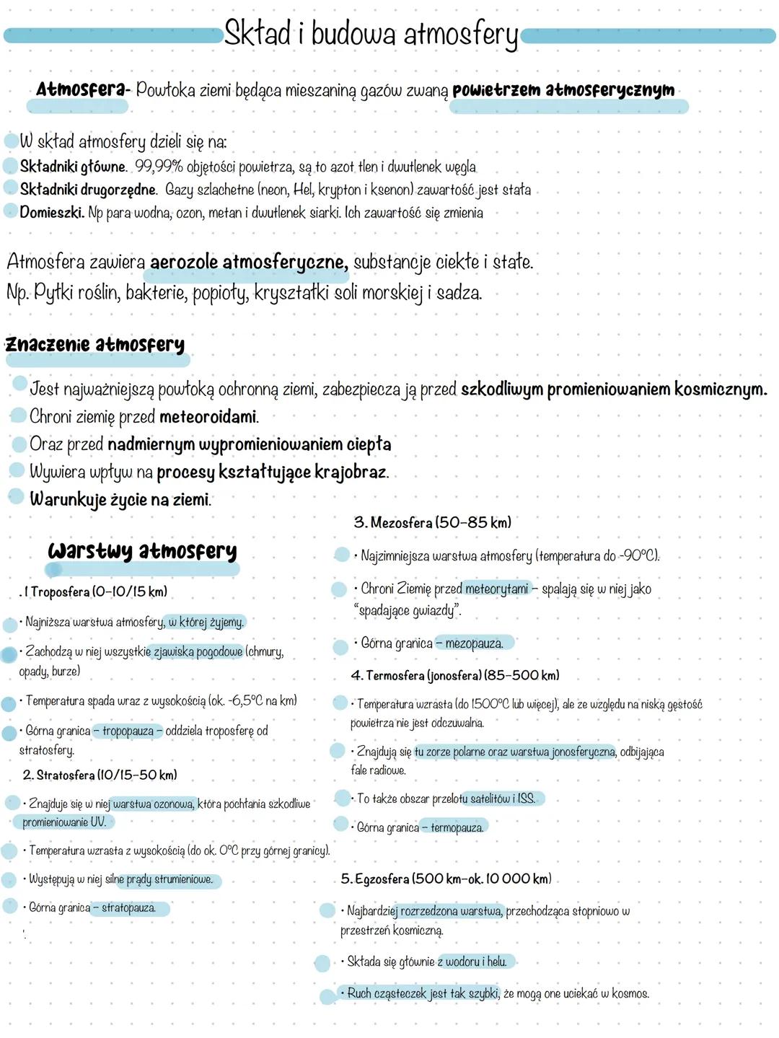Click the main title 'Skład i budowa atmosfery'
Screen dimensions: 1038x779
tap(371, 34)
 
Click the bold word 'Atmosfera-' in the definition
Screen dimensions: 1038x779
tap(83, 89)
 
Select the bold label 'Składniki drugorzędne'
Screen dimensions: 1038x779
tap(88, 190)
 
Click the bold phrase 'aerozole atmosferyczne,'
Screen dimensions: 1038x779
tap(249, 262)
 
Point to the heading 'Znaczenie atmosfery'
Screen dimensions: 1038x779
tap(95, 344)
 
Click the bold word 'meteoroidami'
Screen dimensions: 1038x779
tap(208, 417)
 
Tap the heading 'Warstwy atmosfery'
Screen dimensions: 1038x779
tap(142, 551)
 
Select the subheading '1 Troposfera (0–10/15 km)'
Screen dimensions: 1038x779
tap(94, 591)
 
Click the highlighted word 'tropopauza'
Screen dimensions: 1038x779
tap(128, 731)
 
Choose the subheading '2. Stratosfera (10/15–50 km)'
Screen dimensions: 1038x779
tap(100, 775)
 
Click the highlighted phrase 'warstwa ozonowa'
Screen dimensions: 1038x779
tap(153, 804)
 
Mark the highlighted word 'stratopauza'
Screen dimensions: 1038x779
tap(128, 907)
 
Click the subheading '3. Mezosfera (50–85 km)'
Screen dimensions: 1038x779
tap(432, 522)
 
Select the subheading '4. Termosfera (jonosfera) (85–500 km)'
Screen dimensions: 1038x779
tap(454, 675)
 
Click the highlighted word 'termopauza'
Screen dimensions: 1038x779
tap(457, 827)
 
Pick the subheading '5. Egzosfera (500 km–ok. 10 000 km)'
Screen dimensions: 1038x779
tap(446, 879)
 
